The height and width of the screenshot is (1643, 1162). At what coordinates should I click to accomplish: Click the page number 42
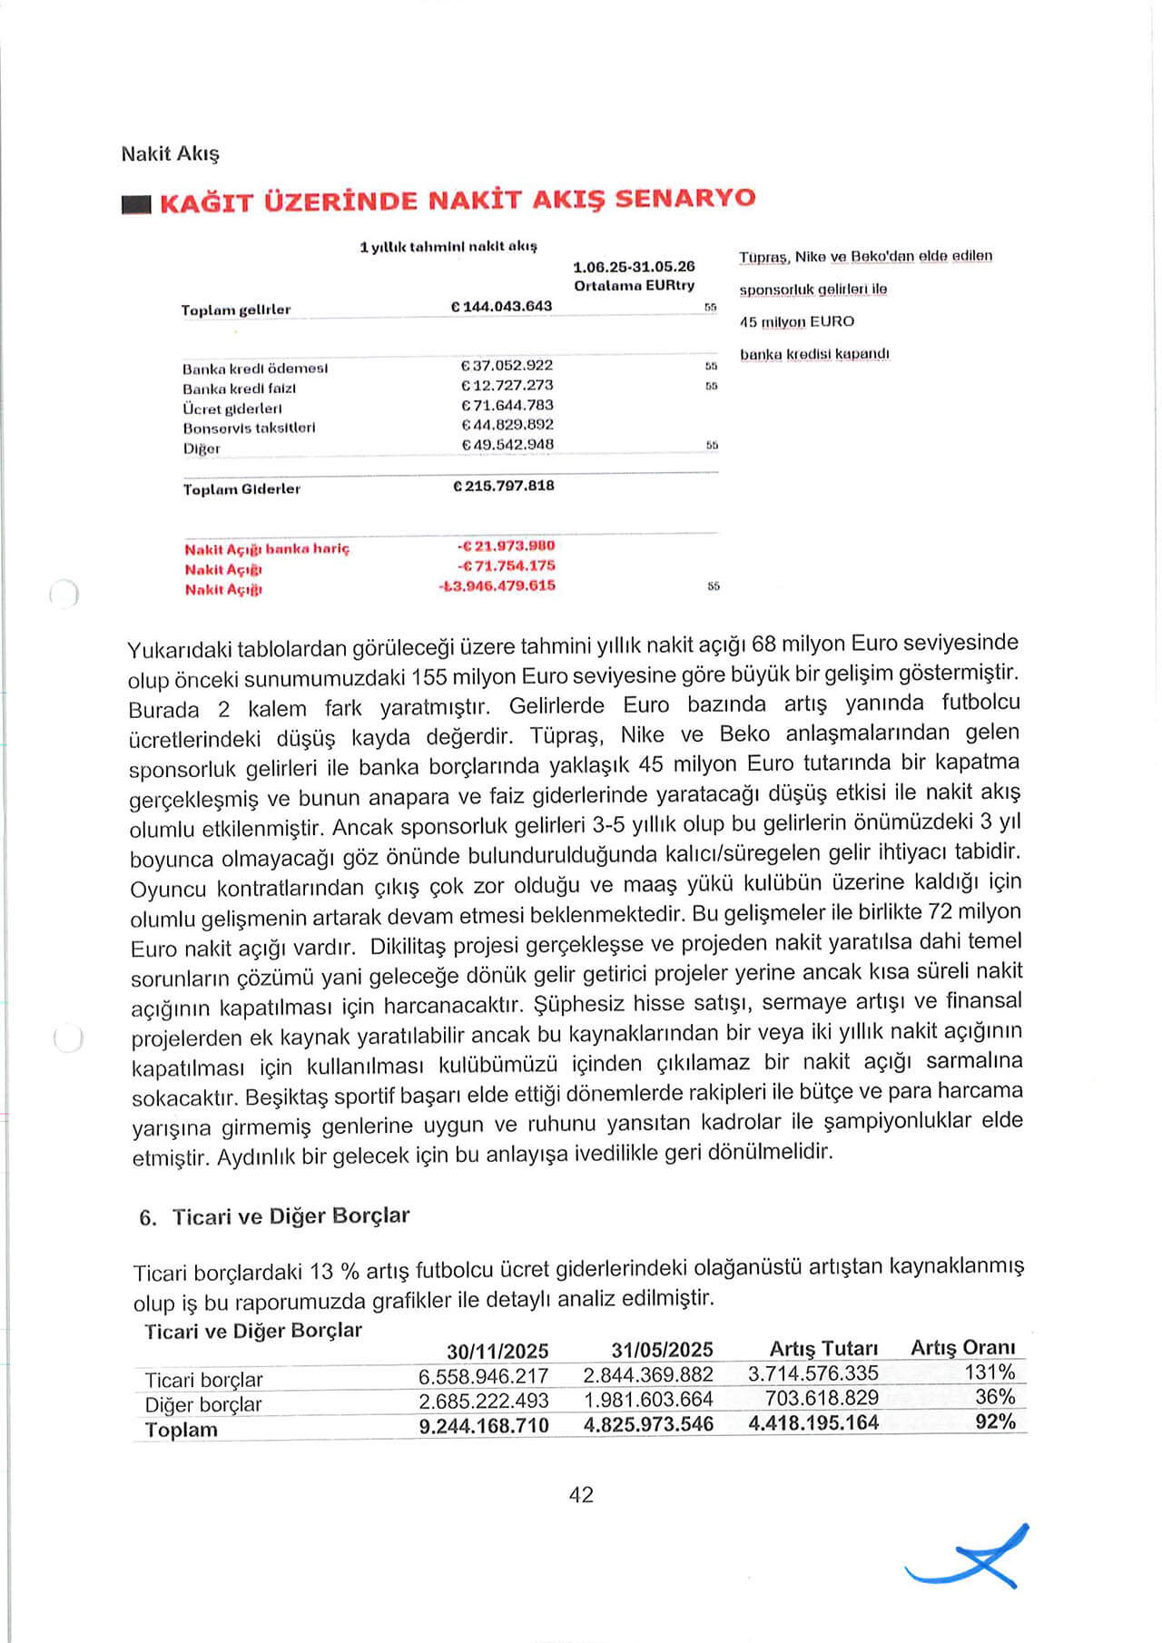pyautogui.click(x=581, y=1495)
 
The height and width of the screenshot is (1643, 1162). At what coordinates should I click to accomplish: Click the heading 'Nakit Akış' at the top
pyautogui.click(x=171, y=153)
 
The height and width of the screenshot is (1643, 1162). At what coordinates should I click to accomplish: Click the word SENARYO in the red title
pyautogui.click(x=684, y=198)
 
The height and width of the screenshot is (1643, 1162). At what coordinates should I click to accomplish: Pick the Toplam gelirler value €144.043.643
pyautogui.click(x=502, y=307)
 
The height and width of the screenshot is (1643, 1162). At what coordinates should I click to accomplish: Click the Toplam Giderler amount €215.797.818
pyautogui.click(x=504, y=486)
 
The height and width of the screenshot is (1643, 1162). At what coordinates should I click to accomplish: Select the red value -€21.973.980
pyautogui.click(x=506, y=546)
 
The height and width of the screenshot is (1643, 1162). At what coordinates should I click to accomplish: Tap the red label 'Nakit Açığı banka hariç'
pyautogui.click(x=267, y=549)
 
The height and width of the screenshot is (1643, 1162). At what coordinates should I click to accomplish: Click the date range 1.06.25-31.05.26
pyautogui.click(x=634, y=267)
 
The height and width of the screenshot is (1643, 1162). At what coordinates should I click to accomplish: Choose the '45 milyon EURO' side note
pyautogui.click(x=797, y=321)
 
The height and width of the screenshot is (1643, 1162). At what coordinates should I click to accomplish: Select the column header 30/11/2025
pyautogui.click(x=497, y=1351)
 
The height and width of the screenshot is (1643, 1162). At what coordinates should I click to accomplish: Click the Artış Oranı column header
pyautogui.click(x=962, y=1347)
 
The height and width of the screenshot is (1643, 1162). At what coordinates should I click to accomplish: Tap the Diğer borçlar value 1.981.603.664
pyautogui.click(x=648, y=1399)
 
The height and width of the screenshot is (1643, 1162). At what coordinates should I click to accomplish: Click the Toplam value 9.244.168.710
pyautogui.click(x=484, y=1425)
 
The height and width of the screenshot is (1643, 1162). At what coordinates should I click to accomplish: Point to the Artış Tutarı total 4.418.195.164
pyautogui.click(x=813, y=1422)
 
